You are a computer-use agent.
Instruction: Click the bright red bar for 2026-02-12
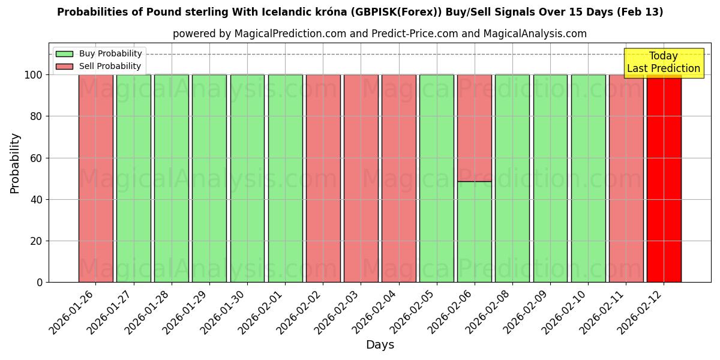[x=664, y=178]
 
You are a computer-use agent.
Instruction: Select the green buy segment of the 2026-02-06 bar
[x=475, y=232]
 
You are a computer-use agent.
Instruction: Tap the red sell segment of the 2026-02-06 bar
[x=475, y=128]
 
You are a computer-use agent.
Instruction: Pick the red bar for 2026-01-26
[x=96, y=178]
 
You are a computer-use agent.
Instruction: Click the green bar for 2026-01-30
[x=247, y=178]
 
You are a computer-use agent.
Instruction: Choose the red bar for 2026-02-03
[x=361, y=178]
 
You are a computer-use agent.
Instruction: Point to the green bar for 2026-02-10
[x=588, y=178]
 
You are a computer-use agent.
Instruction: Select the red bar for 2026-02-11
[x=626, y=178]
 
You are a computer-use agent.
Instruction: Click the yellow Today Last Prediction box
[x=664, y=63]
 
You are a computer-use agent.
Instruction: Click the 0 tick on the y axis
[x=40, y=283]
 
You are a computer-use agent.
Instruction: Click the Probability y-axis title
[x=15, y=163]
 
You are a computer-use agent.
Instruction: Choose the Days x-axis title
[x=380, y=345]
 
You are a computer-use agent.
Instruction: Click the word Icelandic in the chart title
[x=285, y=12]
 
